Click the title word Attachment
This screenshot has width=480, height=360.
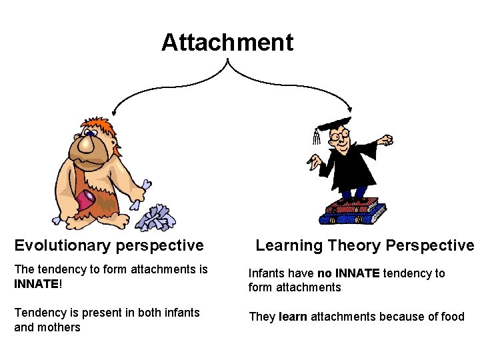[227, 43]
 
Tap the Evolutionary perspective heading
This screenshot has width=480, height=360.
[109, 245]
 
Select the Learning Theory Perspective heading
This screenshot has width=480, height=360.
[365, 245]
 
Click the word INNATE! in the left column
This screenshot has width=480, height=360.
[37, 284]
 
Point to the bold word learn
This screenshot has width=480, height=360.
[293, 317]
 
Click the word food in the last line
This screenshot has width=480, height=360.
[452, 317]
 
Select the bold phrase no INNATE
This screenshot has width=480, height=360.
[348, 273]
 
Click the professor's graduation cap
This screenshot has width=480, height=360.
[333, 125]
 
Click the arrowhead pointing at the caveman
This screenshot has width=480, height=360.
[114, 115]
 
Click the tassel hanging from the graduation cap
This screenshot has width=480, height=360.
[316, 137]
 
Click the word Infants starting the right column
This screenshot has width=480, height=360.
[265, 273]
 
